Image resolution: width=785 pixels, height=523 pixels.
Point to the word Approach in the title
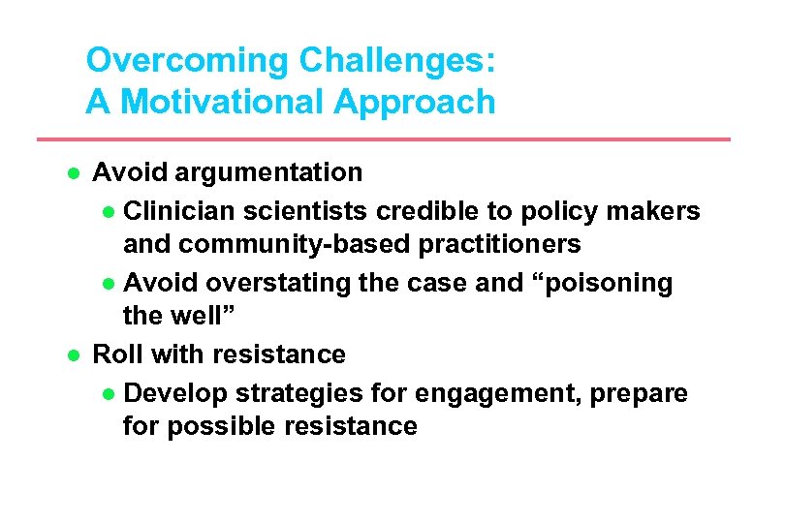pos(424,102)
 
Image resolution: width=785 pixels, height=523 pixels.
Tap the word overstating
pos(272,282)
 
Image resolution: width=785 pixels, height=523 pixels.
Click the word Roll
pos(118,354)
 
